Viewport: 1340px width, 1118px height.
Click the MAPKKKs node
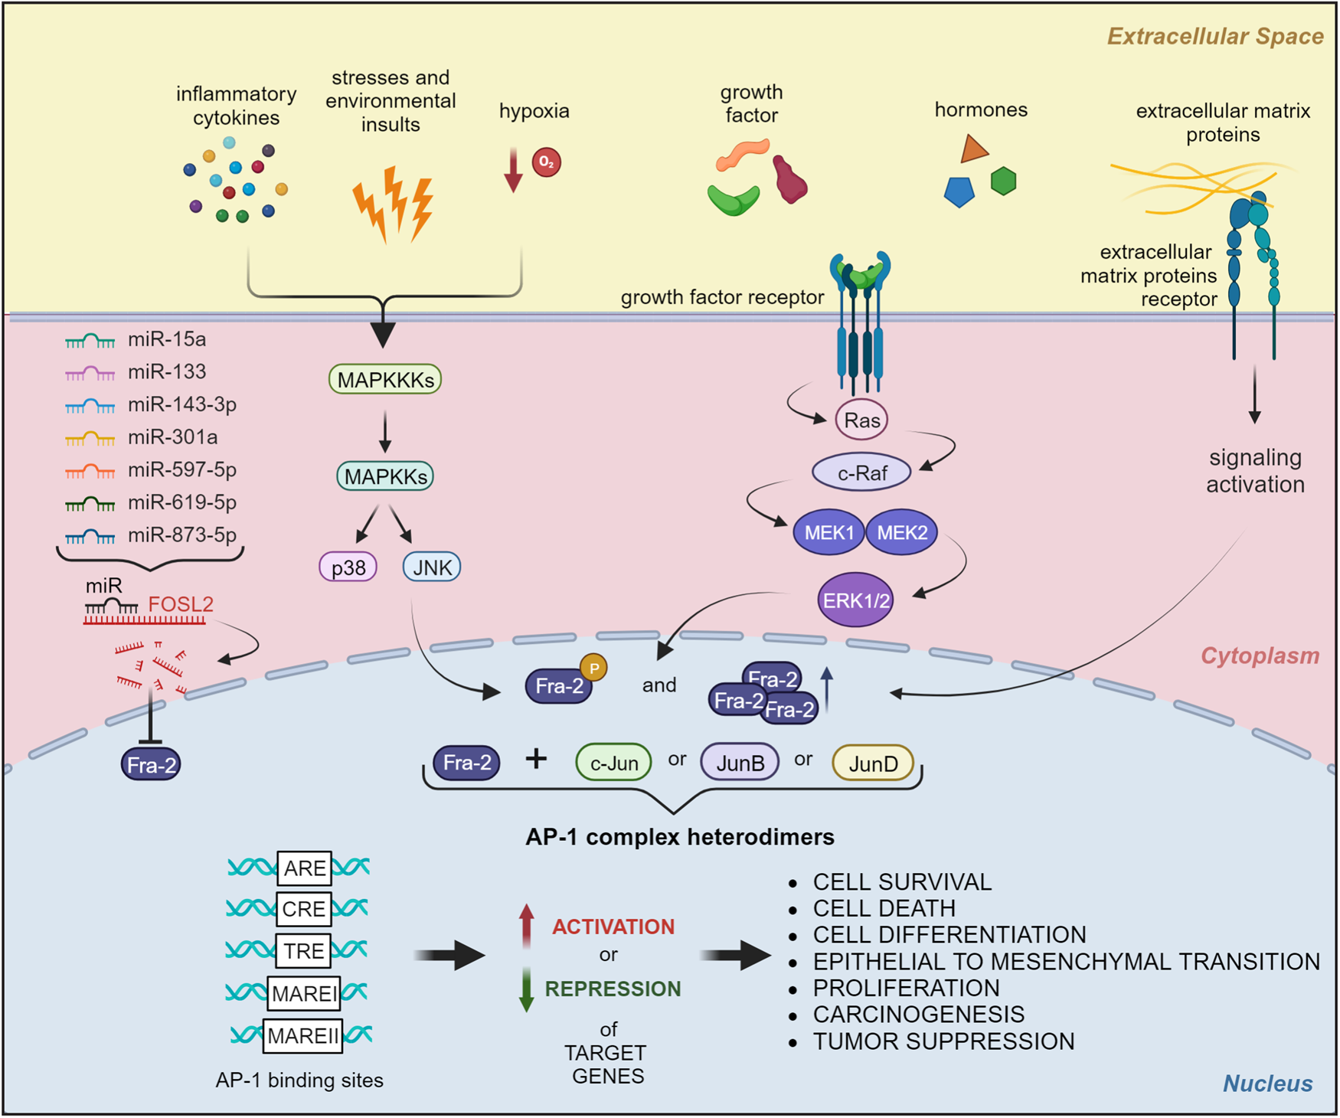coord(385,380)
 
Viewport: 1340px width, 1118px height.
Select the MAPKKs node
coord(385,476)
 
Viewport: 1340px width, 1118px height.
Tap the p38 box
coord(348,567)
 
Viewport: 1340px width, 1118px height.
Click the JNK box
coord(432,567)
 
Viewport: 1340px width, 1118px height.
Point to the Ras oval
coord(861,420)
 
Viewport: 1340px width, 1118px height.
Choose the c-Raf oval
coord(861,473)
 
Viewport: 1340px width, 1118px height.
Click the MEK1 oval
coord(829,532)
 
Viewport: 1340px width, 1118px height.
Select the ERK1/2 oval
coord(855,600)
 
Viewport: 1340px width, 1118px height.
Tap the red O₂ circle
coord(547,162)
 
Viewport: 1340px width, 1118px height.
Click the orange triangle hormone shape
coord(973,149)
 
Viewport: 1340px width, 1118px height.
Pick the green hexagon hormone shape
coord(1003,181)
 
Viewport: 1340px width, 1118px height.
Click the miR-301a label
coord(172,437)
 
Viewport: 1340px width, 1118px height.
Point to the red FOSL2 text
coord(181,604)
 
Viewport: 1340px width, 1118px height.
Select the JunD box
coord(873,763)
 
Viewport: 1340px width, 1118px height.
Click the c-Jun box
coord(613,763)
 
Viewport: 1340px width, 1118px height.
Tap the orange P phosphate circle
coord(594,668)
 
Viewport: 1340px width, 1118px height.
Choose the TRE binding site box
coord(304,951)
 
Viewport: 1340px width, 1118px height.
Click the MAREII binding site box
coord(302,1036)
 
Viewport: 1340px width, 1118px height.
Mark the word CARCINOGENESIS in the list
coord(919,1015)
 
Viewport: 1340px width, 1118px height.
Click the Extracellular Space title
coord(1215,37)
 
